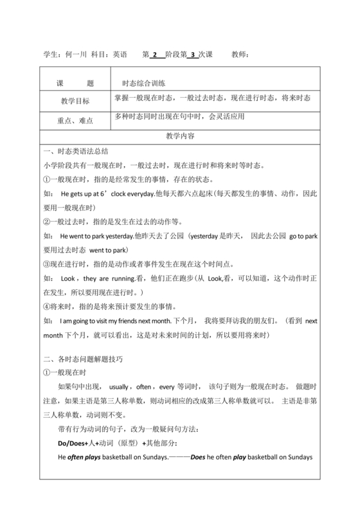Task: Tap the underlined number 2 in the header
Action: tap(154, 55)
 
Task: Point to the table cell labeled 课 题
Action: tap(75, 84)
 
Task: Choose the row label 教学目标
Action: tap(75, 102)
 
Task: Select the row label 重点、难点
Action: tap(75, 120)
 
